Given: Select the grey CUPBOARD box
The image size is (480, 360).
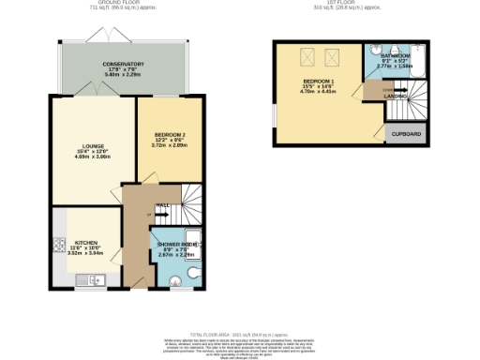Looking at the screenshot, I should click(404, 134).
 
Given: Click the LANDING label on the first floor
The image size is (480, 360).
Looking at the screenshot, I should click(395, 96).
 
